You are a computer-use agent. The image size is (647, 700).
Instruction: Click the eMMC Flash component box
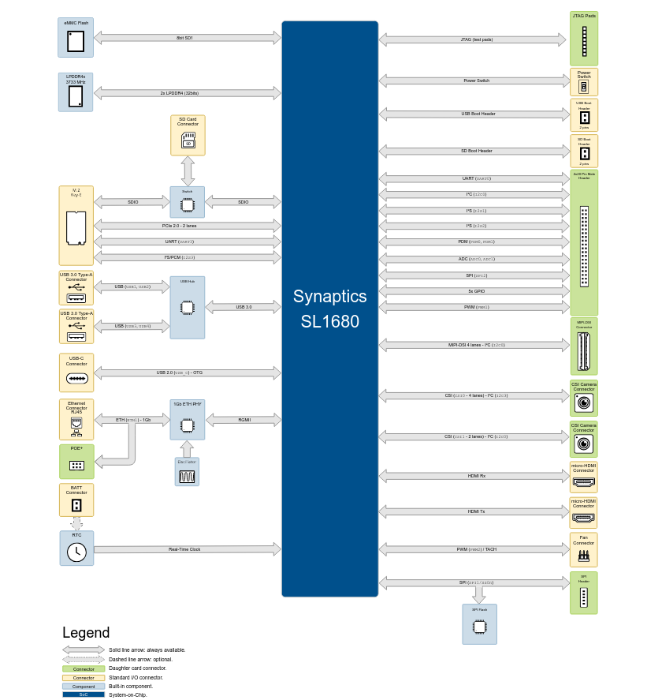[76, 37]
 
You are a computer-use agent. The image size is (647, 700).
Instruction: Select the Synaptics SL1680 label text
[329, 309]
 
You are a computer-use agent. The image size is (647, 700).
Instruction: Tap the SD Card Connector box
[188, 135]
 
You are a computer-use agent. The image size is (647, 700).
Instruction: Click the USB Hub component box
[188, 307]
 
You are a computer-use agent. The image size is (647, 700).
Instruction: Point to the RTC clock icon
[76, 552]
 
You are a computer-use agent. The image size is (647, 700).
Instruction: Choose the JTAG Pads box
[584, 39]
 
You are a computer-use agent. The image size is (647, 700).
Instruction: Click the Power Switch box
[584, 82]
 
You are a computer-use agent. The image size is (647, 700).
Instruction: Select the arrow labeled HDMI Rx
[473, 476]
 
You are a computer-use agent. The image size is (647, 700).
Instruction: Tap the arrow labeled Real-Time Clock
[188, 549]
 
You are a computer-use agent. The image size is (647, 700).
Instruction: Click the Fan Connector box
[584, 549]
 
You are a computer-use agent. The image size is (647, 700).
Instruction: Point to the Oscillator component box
[187, 471]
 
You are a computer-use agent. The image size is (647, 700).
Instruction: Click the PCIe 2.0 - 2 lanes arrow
[188, 226]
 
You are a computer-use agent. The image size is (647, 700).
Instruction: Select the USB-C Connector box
[76, 372]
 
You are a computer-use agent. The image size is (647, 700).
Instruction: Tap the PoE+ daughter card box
[76, 462]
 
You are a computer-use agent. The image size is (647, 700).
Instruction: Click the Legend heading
[86, 633]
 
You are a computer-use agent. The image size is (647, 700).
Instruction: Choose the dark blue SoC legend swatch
[84, 694]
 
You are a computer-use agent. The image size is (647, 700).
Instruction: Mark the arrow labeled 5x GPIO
[473, 291]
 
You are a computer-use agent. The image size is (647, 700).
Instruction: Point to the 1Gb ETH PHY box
[188, 419]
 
